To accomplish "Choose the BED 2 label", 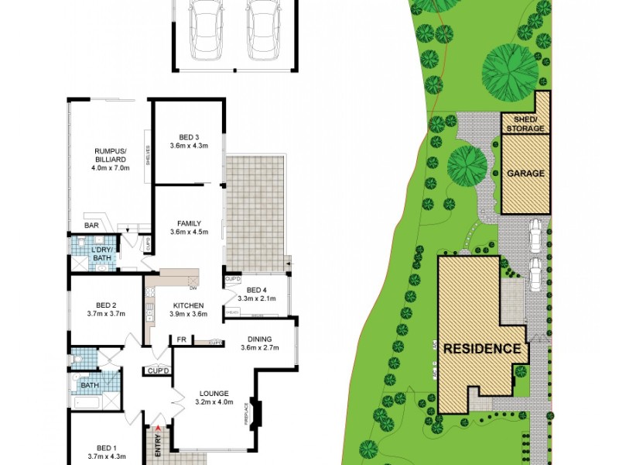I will pos(106,305).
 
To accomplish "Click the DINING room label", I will pos(259,339).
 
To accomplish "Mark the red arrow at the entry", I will pos(159,427).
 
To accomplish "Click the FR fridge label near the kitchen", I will pos(181,339).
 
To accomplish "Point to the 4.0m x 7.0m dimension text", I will pos(111,167).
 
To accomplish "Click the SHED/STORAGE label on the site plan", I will pos(525,124).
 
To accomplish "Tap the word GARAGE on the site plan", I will pos(525,174).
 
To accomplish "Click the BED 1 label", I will pos(106,447).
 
